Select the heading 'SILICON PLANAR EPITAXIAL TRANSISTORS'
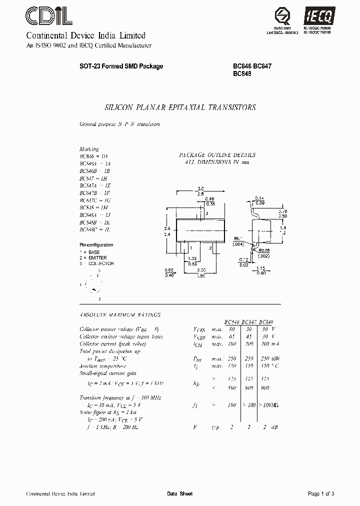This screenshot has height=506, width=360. (180, 107)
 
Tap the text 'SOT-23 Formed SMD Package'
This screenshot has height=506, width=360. (121, 66)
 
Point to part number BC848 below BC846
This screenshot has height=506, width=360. (242, 73)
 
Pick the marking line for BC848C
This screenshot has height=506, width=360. (94, 229)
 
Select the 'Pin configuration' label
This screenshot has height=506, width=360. (96, 245)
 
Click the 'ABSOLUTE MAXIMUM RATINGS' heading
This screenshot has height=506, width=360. (120, 315)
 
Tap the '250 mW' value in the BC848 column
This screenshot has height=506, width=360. (272, 358)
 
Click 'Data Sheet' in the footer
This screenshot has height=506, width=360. (179, 493)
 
